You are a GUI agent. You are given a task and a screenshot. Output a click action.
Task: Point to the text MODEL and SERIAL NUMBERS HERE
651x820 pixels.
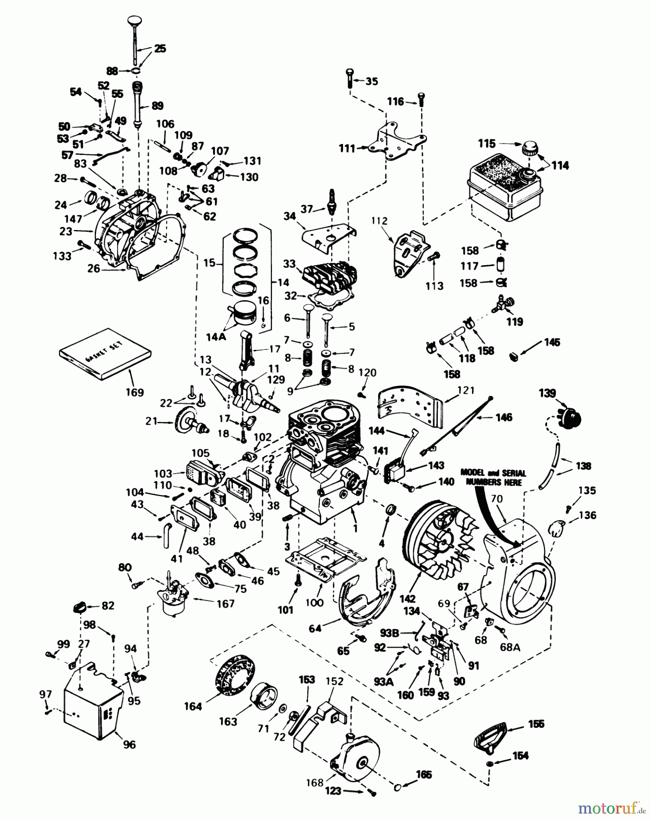493,477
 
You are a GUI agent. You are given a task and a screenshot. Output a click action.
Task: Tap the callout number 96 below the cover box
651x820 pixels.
129,744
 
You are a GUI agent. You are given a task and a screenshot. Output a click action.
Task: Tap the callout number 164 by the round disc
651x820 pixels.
193,706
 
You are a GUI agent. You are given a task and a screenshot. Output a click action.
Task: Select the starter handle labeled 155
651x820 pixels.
490,734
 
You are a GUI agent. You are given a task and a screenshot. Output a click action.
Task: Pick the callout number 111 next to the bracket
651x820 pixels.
347,149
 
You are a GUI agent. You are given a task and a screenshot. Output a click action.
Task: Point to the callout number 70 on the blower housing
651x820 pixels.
497,499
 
